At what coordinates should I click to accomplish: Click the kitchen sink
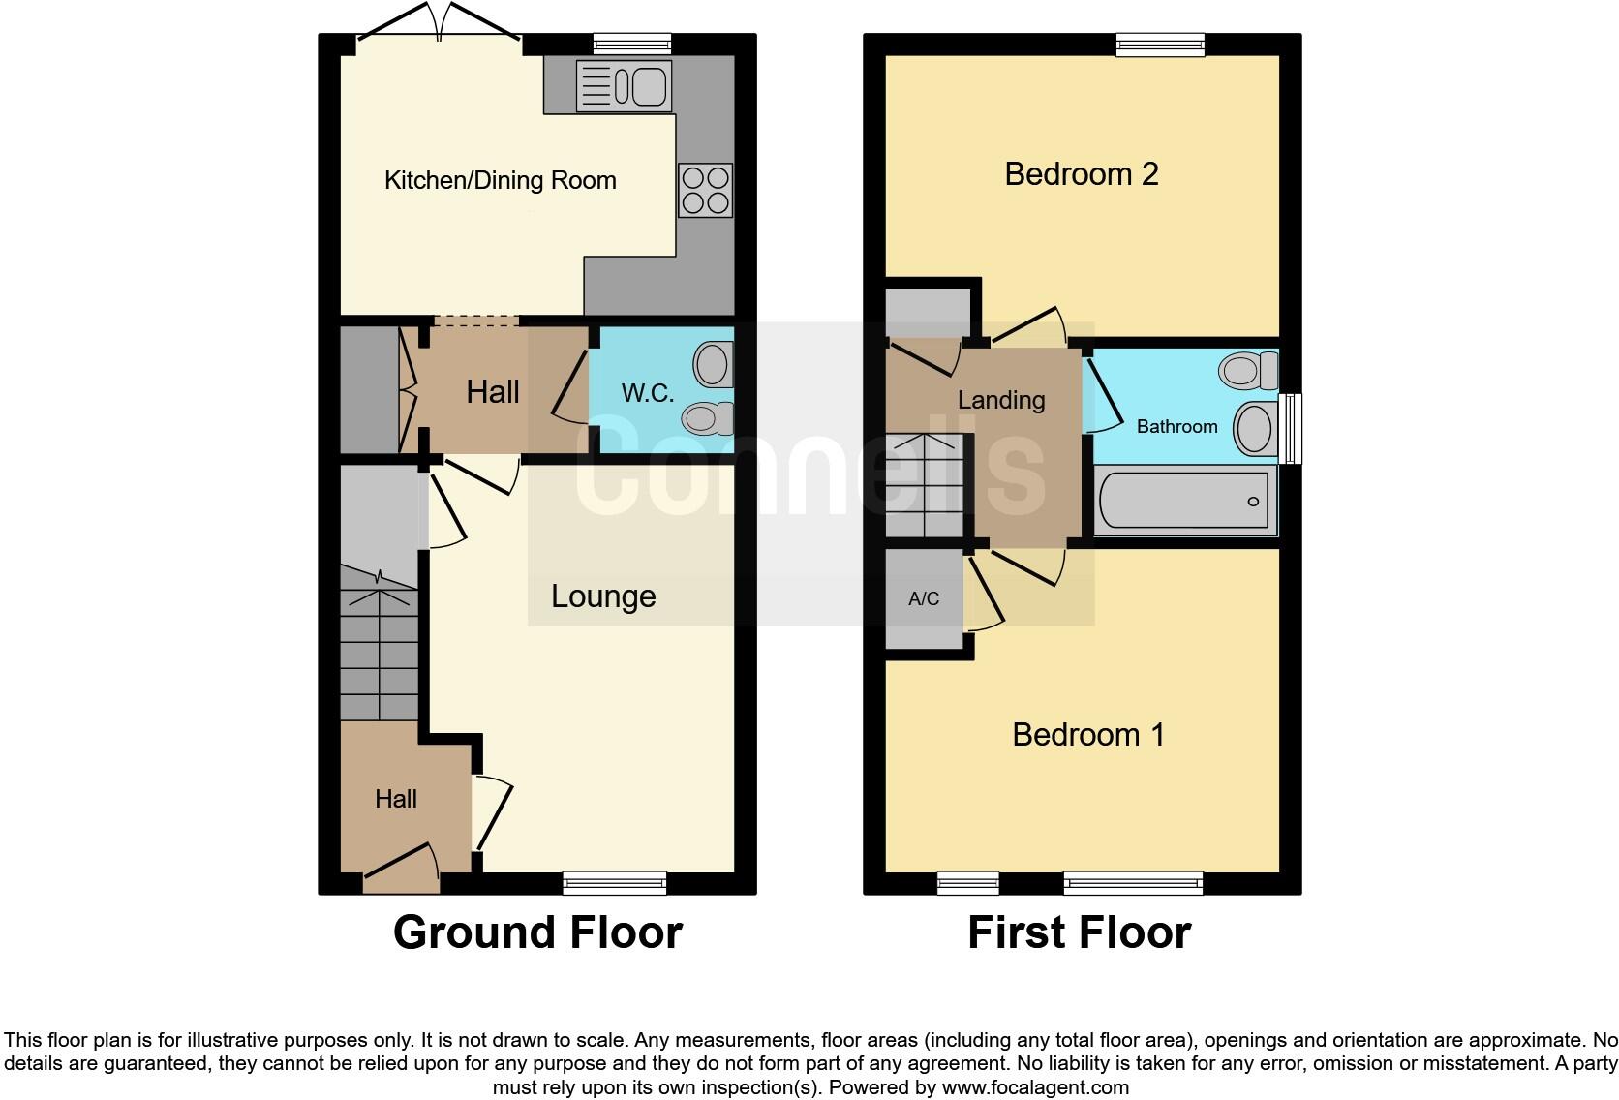tap(624, 86)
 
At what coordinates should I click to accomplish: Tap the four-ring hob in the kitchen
tap(705, 190)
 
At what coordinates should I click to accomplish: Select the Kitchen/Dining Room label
tap(500, 180)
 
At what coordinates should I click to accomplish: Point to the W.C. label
tap(647, 393)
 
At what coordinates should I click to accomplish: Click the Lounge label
tap(603, 596)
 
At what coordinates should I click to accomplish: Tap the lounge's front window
tap(614, 882)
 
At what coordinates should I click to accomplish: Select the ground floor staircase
tap(379, 644)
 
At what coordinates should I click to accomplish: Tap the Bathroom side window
tap(1291, 427)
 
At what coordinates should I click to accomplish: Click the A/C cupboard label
tap(924, 599)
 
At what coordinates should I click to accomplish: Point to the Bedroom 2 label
tap(1081, 174)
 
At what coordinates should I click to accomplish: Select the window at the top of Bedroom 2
tap(1159, 45)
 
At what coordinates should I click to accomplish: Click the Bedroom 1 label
tap(1087, 735)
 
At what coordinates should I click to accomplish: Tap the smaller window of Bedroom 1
tap(967, 882)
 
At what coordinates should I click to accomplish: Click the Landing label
tap(1000, 400)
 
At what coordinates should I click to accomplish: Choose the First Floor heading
tap(1079, 932)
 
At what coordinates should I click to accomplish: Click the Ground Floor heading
tap(537, 932)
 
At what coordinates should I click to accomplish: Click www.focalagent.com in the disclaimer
tap(1034, 1087)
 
